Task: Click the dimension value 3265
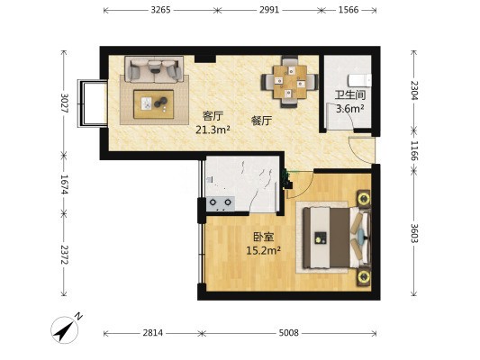pyautogui.click(x=160, y=10)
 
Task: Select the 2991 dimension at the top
pyautogui.click(x=269, y=10)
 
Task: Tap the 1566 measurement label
pyautogui.click(x=349, y=10)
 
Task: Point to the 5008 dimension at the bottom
pyautogui.click(x=288, y=333)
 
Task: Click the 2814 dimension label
pyautogui.click(x=153, y=333)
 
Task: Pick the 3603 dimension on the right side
pyautogui.click(x=414, y=233)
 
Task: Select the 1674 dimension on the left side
pyautogui.click(x=64, y=184)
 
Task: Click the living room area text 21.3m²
pyautogui.click(x=213, y=130)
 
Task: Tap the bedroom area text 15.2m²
pyautogui.click(x=264, y=250)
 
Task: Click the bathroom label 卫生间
pyautogui.click(x=350, y=94)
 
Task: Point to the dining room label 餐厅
pyautogui.click(x=261, y=121)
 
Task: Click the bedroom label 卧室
pyautogui.click(x=264, y=237)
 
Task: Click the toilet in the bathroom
pyautogui.click(x=359, y=80)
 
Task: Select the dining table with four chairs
pyautogui.click(x=290, y=82)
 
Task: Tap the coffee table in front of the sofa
pyautogui.click(x=154, y=104)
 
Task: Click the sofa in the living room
pyautogui.click(x=154, y=69)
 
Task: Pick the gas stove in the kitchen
pyautogui.click(x=221, y=203)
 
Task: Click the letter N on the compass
pyautogui.click(x=79, y=316)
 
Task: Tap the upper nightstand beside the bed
pyautogui.click(x=364, y=199)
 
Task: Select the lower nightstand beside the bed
pyautogui.click(x=364, y=277)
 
